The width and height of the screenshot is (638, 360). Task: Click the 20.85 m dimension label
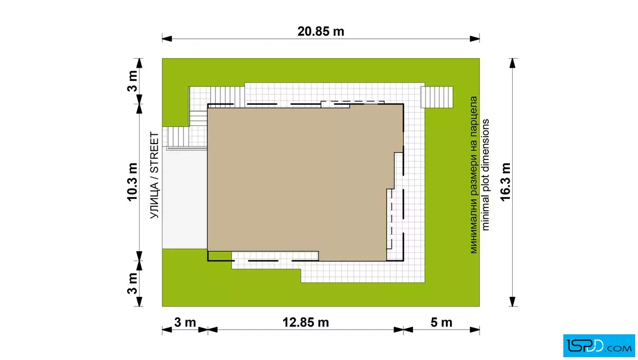tap(321, 31)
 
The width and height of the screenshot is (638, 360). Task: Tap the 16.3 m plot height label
tap(505, 182)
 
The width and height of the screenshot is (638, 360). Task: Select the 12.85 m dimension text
tap(305, 322)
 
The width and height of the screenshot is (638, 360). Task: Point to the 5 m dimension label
tap(441, 322)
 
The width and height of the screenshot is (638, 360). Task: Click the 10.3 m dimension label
tap(132, 182)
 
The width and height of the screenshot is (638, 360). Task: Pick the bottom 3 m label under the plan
tap(185, 322)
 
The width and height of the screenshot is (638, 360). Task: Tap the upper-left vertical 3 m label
tap(132, 81)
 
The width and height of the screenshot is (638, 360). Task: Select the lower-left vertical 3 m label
tap(132, 283)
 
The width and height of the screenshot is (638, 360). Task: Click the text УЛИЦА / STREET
tap(154, 175)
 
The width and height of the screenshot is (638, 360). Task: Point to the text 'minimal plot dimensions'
tap(485, 175)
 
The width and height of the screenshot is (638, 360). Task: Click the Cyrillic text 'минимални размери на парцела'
tap(473, 175)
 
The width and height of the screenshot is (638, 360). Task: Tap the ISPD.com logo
tap(599, 346)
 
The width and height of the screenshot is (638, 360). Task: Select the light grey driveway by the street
tap(185, 198)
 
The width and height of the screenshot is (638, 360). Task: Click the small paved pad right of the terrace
tap(437, 97)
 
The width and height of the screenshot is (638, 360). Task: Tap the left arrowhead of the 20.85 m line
tap(167, 39)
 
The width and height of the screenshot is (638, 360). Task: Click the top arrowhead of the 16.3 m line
tap(513, 63)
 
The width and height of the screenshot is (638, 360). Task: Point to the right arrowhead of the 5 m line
tap(475, 329)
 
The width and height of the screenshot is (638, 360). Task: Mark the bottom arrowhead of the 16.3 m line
tap(513, 301)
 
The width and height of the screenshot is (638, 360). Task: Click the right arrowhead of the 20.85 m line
tap(475, 39)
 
